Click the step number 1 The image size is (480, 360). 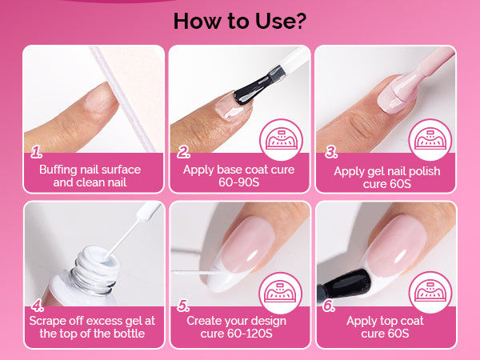point(37,152)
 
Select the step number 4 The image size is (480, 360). point(38,306)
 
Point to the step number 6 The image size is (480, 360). point(329,306)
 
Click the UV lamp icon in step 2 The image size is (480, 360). point(281,139)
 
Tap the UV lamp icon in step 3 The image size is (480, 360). point(430,139)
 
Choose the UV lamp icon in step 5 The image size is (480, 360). point(281,293)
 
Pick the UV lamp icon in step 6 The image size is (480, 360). point(430,292)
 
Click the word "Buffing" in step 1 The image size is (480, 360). point(58,170)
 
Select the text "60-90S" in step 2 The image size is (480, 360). point(238,182)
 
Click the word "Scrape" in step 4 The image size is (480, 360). point(47,321)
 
